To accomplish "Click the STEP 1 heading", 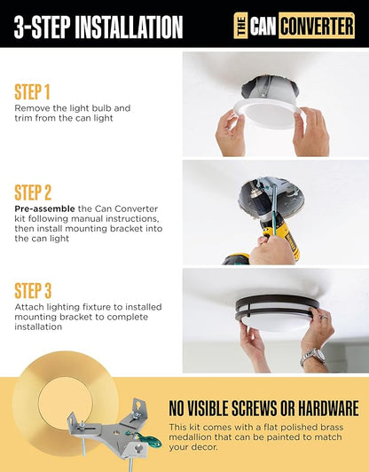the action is coord(32,92).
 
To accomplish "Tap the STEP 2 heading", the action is coord(33,193).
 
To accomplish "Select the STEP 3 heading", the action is coord(33,291).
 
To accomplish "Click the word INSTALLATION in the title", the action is coord(129,28).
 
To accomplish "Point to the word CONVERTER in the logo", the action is coord(317,26).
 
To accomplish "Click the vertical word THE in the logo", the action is coord(240,26).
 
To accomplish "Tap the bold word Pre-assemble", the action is coord(44,208).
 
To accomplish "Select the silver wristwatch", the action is coord(313,356).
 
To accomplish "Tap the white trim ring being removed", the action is coord(267,112).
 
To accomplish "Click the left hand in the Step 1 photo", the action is coord(231,134).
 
